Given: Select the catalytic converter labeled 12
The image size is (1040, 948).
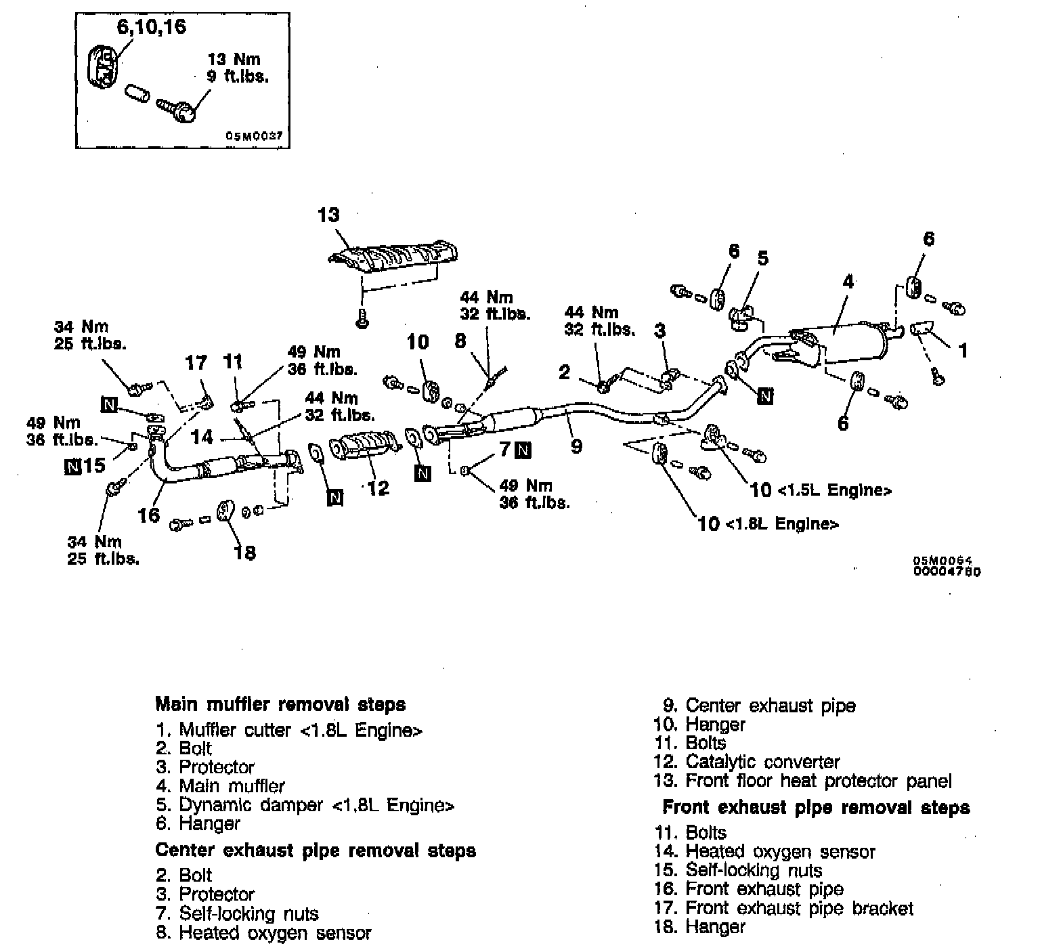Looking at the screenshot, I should click(363, 450).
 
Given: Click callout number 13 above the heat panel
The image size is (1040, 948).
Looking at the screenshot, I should click(328, 215).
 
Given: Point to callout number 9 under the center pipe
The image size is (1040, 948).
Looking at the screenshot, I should click(576, 446).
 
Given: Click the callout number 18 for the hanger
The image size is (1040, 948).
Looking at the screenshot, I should click(244, 553).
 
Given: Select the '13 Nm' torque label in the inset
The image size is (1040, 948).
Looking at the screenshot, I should click(234, 60).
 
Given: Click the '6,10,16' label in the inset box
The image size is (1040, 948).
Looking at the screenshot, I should click(152, 28).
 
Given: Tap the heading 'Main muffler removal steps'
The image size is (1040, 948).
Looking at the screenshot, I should click(280, 704).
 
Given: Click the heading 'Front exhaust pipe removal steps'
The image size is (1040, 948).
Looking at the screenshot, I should click(816, 807).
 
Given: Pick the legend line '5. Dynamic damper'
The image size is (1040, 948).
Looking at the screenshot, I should click(305, 805).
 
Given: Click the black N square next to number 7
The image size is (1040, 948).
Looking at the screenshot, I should click(523, 450).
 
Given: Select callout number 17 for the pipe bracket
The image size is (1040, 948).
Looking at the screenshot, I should click(196, 363).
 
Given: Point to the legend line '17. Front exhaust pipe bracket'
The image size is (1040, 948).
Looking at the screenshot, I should click(784, 908).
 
